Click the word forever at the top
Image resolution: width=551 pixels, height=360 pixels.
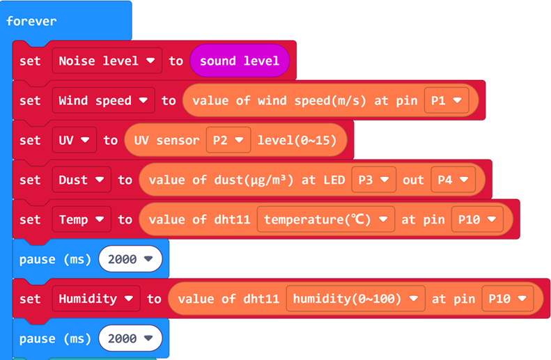(31, 21)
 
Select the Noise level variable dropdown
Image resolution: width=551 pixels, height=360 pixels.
(107, 61)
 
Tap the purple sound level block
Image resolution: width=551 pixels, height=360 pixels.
(239, 61)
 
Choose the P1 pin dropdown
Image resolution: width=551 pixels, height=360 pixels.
(447, 100)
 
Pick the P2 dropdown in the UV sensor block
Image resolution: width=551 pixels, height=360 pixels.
(228, 140)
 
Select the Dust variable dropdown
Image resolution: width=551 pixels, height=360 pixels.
(81, 180)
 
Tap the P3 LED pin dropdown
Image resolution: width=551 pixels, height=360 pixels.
(373, 180)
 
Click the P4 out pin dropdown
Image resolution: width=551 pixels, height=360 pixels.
(453, 180)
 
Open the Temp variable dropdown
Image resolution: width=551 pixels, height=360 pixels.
(81, 219)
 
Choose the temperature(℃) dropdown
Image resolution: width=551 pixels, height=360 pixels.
(325, 219)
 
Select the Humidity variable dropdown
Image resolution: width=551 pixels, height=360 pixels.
(95, 299)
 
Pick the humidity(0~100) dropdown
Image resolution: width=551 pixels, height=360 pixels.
(355, 299)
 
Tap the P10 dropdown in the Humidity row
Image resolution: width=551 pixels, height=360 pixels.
(506, 299)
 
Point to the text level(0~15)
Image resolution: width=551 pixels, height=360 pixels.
(297, 140)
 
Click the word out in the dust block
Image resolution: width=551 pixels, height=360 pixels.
(413, 180)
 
